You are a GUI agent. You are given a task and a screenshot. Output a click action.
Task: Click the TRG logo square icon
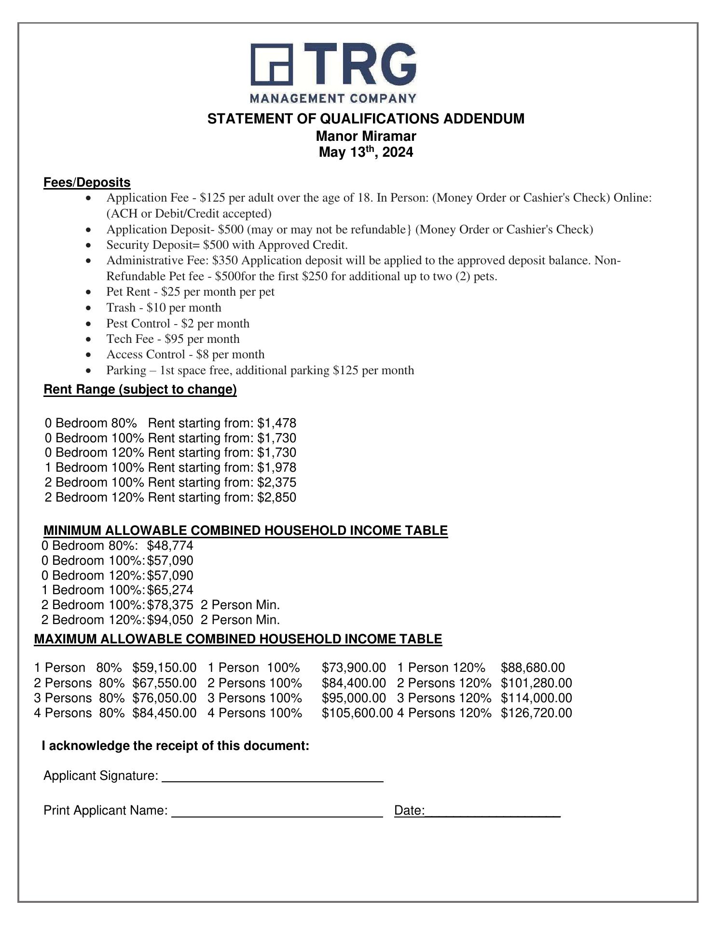click(272, 65)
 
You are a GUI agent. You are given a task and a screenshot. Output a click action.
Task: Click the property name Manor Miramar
click(366, 136)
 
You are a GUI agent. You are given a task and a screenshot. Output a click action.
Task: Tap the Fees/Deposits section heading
click(87, 182)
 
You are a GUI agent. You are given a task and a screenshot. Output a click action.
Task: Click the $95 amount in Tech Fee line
click(174, 339)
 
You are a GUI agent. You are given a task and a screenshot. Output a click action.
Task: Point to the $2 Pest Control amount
click(188, 323)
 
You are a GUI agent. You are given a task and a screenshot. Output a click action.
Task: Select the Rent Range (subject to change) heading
click(140, 389)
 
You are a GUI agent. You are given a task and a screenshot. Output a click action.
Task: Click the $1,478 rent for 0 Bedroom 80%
click(276, 423)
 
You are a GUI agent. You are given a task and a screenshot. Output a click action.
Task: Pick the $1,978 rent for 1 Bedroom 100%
click(276, 467)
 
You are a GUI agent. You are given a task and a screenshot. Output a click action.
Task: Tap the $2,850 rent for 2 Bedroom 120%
click(276, 497)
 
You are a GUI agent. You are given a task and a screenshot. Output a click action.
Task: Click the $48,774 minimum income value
click(170, 545)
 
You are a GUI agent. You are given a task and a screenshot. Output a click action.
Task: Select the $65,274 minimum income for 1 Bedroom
click(170, 590)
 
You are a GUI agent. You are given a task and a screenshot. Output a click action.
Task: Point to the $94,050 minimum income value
click(170, 620)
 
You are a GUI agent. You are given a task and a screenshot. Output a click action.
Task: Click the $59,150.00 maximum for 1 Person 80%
click(165, 668)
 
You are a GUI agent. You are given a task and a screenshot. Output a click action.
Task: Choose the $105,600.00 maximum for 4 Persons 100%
click(357, 713)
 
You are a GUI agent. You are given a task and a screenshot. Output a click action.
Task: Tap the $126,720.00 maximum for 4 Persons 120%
click(536, 713)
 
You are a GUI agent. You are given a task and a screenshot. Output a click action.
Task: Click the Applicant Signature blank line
click(273, 777)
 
